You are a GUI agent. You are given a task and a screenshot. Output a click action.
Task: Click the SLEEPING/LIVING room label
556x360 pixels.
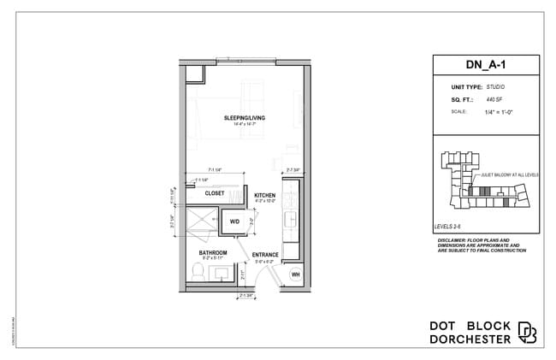coord(242,116)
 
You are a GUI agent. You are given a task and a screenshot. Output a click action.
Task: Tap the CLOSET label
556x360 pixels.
coord(215,193)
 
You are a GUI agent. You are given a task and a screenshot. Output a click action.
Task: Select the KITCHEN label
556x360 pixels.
coord(265,196)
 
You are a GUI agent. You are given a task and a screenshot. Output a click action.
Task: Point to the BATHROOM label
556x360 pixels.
coord(213,252)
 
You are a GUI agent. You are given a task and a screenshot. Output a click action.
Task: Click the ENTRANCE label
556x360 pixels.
coord(266,255)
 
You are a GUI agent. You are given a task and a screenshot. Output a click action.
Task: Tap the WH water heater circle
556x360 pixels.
coord(295,274)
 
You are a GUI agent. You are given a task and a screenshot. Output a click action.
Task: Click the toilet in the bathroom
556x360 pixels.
coord(198,273)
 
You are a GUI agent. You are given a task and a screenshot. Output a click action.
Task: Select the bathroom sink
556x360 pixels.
coord(221,274)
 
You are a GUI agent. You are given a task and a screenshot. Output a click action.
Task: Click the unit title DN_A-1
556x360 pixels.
coord(486,65)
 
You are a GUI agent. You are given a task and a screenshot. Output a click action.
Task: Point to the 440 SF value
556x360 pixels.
coord(493,99)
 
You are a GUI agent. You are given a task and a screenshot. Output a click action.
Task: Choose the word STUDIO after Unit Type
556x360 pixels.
coord(495,87)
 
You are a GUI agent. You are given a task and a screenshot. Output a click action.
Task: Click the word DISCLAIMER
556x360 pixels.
coord(453,241)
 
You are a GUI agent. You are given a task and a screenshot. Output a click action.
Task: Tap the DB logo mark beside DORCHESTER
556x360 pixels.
coord(527,333)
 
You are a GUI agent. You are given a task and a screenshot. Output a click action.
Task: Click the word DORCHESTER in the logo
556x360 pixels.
coord(470,339)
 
